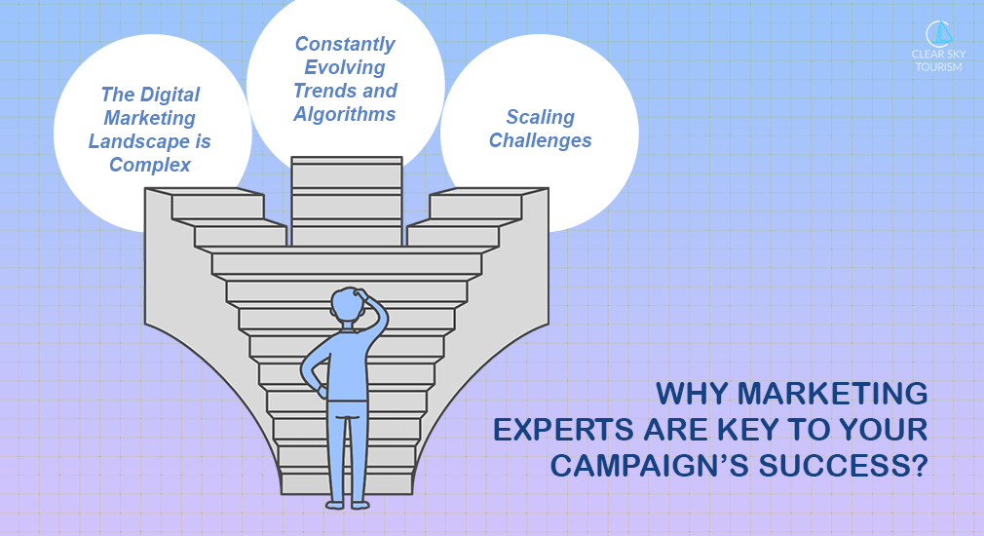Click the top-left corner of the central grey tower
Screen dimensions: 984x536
[x=292, y=158]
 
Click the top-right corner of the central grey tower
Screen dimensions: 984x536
[x=401, y=158]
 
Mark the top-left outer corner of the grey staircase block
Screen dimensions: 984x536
[x=145, y=188]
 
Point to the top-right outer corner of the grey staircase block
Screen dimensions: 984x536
[x=549, y=188]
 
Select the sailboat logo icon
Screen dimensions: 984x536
[x=939, y=34]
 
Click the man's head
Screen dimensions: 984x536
[x=348, y=306]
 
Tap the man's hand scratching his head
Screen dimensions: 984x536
[x=360, y=293]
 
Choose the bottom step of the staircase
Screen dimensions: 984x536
[x=347, y=484]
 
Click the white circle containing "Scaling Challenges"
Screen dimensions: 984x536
[x=540, y=134]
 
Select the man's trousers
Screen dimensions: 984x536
[x=348, y=451]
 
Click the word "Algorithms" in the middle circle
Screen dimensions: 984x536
[x=345, y=114]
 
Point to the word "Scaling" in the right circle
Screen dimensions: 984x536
[x=541, y=117]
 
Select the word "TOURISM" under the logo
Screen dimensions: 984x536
[x=938, y=67]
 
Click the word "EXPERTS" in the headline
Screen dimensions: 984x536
[x=562, y=430]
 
